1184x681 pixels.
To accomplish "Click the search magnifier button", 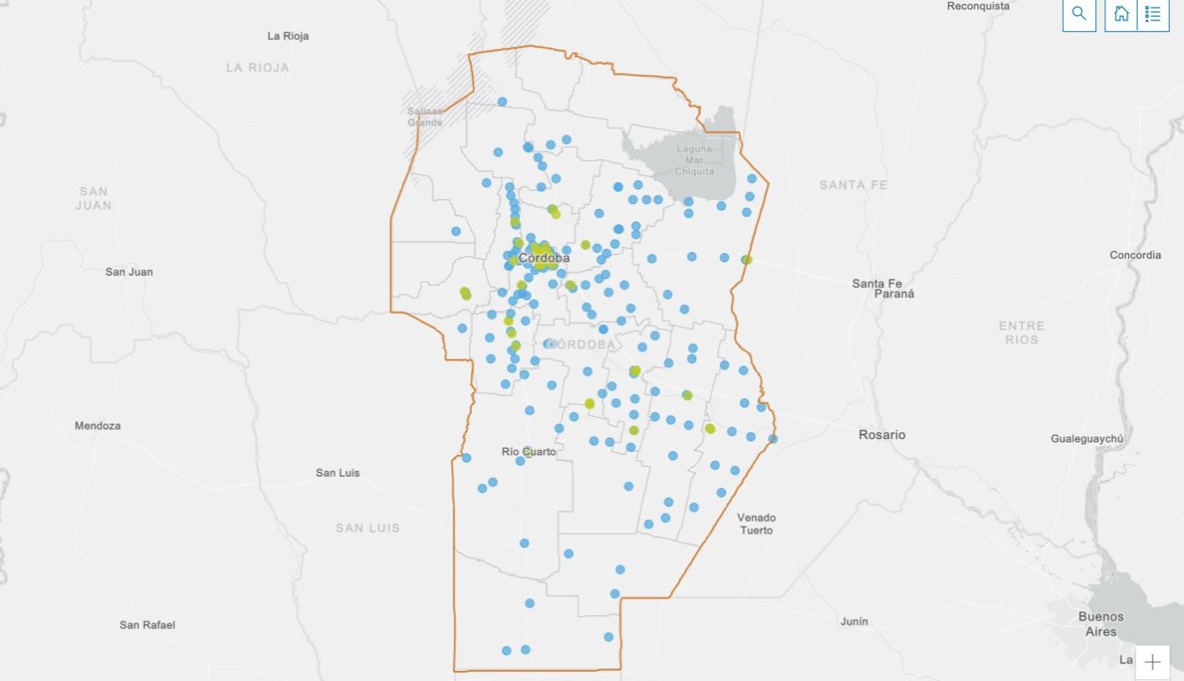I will pyautogui.click(x=1079, y=14).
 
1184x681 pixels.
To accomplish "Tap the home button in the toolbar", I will pyautogui.click(x=1121, y=14).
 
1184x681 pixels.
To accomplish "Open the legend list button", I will pyautogui.click(x=1153, y=14).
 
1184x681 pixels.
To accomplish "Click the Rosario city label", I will pyautogui.click(x=881, y=435).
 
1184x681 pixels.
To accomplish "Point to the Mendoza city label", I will pyautogui.click(x=97, y=426).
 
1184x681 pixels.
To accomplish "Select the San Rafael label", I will pyautogui.click(x=147, y=625).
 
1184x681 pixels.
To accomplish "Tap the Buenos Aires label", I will pyautogui.click(x=1101, y=624).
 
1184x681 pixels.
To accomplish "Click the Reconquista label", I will pyautogui.click(x=978, y=6).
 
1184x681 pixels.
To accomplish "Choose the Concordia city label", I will pyautogui.click(x=1135, y=255).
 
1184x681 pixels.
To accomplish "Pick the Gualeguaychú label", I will pyautogui.click(x=1087, y=439).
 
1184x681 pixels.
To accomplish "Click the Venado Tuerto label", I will pyautogui.click(x=755, y=524).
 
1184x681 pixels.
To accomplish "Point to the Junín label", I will pyautogui.click(x=854, y=622).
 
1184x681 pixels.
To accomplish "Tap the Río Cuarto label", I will pyautogui.click(x=529, y=452).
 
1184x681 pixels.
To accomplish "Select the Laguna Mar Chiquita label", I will pyautogui.click(x=694, y=160).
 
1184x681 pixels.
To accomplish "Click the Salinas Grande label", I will pyautogui.click(x=425, y=117).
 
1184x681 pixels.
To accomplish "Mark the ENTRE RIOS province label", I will pyautogui.click(x=1022, y=332).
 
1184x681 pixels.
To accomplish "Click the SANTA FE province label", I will pyautogui.click(x=853, y=185).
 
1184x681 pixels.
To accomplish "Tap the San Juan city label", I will pyautogui.click(x=129, y=272).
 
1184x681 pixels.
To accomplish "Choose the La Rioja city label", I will pyautogui.click(x=288, y=36).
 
